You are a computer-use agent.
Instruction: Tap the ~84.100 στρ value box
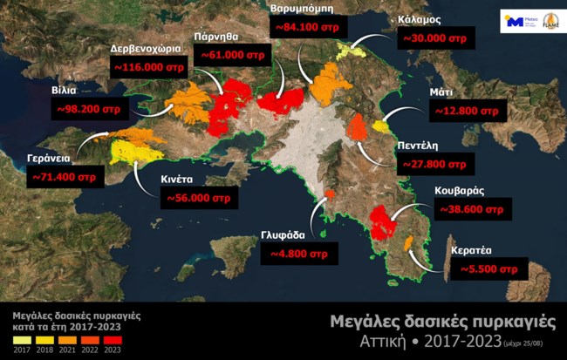click(x=305, y=27)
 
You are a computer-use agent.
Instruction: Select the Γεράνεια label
click(x=43, y=160)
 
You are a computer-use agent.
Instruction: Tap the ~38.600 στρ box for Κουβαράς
click(x=470, y=210)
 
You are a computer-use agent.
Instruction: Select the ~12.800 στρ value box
click(x=468, y=112)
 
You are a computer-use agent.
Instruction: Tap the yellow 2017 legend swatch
click(x=17, y=338)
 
